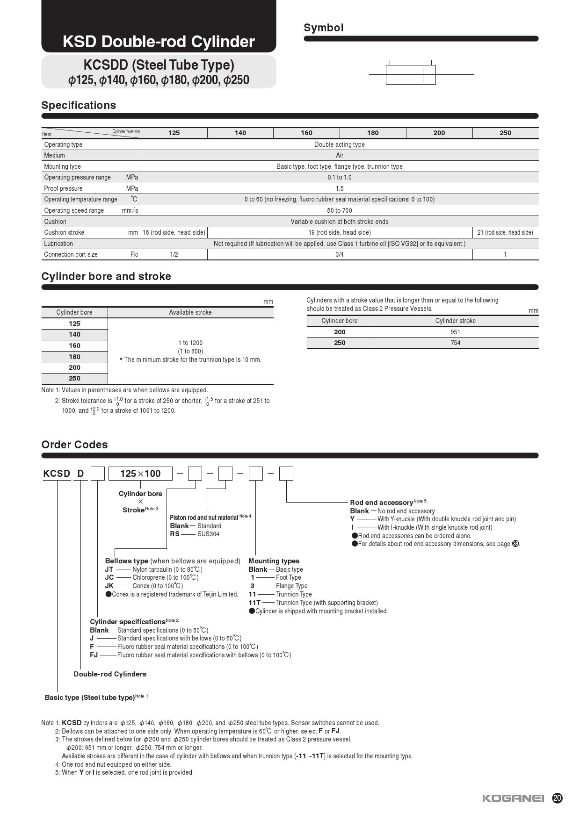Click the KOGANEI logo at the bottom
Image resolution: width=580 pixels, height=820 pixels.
[513, 798]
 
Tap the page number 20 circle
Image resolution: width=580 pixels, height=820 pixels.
[557, 798]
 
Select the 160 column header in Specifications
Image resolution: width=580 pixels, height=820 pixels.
[306, 133]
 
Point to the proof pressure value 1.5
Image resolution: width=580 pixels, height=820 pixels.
[340, 188]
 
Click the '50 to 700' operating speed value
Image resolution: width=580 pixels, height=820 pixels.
[340, 210]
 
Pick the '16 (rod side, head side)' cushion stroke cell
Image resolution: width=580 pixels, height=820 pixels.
[174, 232]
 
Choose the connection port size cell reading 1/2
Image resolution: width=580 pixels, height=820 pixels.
[174, 254]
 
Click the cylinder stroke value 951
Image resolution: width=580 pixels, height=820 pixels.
[456, 332]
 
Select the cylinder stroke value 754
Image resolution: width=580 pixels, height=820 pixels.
[456, 343]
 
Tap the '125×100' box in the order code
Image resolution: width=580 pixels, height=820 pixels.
[140, 474]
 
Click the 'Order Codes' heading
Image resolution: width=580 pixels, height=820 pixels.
[74, 445]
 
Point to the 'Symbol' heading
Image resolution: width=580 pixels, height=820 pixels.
[324, 28]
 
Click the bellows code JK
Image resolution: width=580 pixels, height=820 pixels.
[109, 586]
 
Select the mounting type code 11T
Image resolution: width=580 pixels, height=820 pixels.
[254, 603]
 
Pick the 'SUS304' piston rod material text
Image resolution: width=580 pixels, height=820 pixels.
[208, 534]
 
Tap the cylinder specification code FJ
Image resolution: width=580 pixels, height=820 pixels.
[94, 655]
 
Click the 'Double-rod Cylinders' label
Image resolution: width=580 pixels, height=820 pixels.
[110, 674]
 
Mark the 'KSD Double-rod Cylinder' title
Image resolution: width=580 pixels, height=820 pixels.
[159, 42]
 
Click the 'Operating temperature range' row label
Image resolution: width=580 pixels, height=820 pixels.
[80, 199]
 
